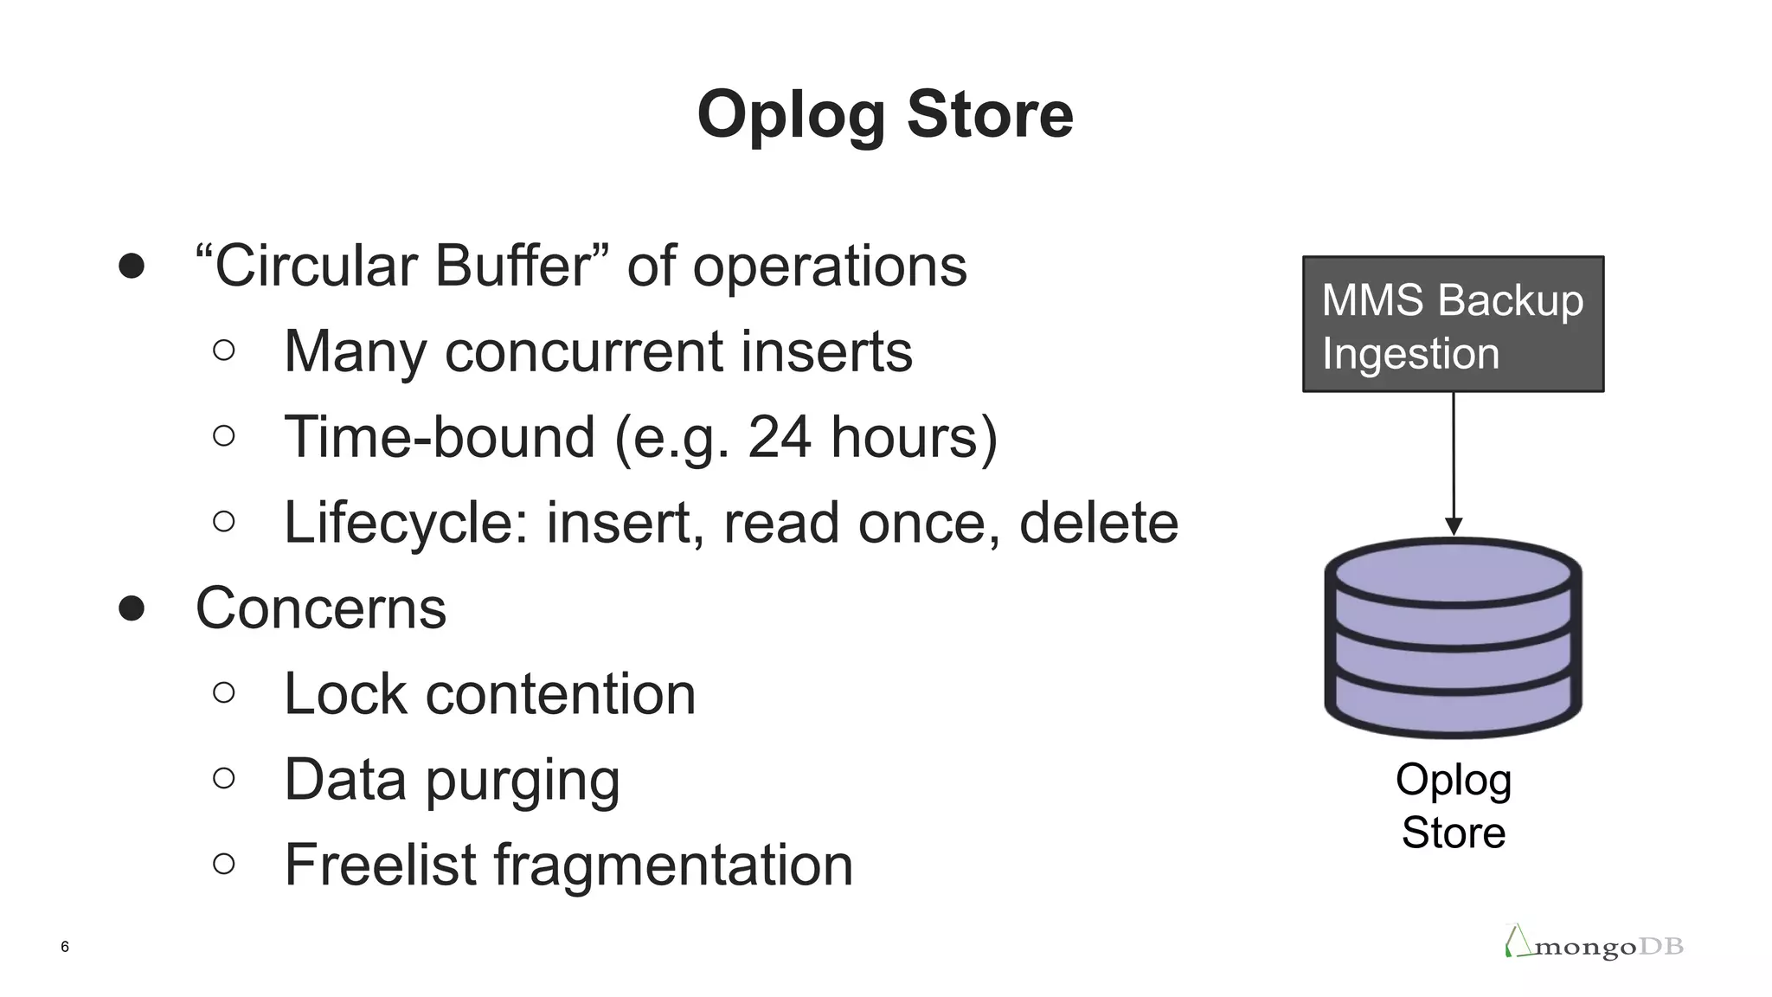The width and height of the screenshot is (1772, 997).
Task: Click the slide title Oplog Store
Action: (x=885, y=114)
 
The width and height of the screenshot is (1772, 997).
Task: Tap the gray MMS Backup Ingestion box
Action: (x=1453, y=324)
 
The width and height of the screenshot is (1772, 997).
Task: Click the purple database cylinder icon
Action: (x=1454, y=638)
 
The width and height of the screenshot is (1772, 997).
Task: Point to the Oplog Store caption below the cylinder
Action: (x=1454, y=806)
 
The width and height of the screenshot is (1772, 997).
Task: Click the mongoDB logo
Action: (x=1594, y=943)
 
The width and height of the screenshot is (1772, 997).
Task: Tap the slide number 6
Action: (x=65, y=947)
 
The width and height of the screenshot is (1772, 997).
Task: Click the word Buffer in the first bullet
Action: (x=513, y=266)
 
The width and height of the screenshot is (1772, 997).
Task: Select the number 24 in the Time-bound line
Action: (x=780, y=437)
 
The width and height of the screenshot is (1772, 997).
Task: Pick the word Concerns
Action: (x=321, y=608)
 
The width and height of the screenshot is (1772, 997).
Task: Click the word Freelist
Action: (x=380, y=865)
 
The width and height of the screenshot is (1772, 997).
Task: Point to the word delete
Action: (x=1099, y=523)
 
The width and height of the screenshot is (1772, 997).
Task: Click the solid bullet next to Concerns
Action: (x=132, y=608)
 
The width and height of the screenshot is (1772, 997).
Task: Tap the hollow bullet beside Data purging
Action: (x=223, y=779)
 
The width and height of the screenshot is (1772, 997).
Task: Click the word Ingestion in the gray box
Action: (x=1410, y=354)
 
